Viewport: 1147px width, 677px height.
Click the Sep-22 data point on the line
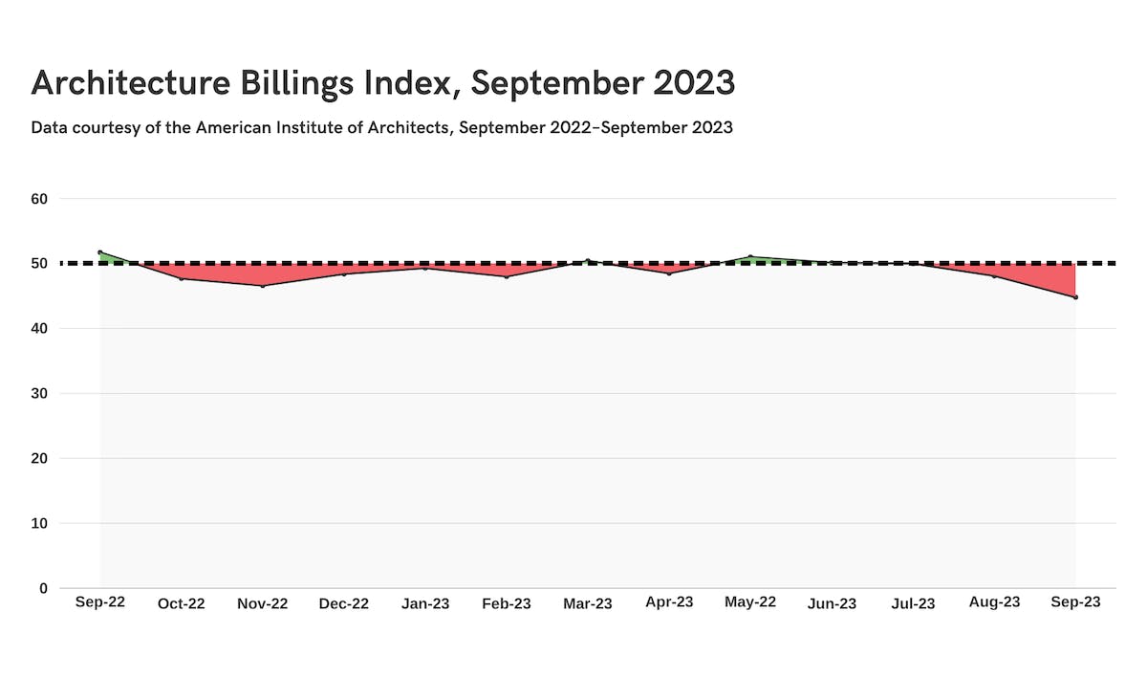[99, 251]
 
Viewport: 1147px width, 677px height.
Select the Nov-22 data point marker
[263, 286]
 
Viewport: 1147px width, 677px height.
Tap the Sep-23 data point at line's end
[1075, 297]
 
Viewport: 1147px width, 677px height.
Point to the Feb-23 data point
[507, 277]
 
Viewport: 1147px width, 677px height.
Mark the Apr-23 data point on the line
[669, 273]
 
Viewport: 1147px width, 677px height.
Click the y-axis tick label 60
[39, 199]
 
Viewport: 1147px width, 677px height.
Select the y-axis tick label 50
[39, 263]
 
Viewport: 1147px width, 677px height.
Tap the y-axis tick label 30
[39, 393]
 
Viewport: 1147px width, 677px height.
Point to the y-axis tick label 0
[44, 588]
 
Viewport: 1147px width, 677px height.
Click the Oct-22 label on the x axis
[182, 603]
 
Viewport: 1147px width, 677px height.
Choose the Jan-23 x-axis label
[425, 603]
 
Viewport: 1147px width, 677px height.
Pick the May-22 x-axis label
[750, 602]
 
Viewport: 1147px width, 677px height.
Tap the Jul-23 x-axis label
[913, 603]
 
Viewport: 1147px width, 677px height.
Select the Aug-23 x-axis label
[994, 602]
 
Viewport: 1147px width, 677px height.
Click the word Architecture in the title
[131, 82]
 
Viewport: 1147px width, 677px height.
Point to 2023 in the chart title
[694, 82]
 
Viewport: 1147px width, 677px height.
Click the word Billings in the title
[297, 84]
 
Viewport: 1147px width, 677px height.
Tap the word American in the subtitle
[233, 127]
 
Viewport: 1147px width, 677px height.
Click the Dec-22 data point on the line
[344, 274]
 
